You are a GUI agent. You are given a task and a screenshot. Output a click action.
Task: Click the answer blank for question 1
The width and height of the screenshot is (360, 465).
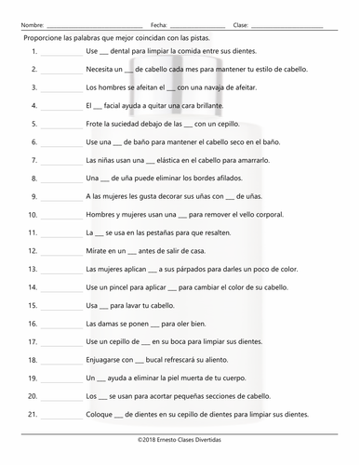click(61, 54)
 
